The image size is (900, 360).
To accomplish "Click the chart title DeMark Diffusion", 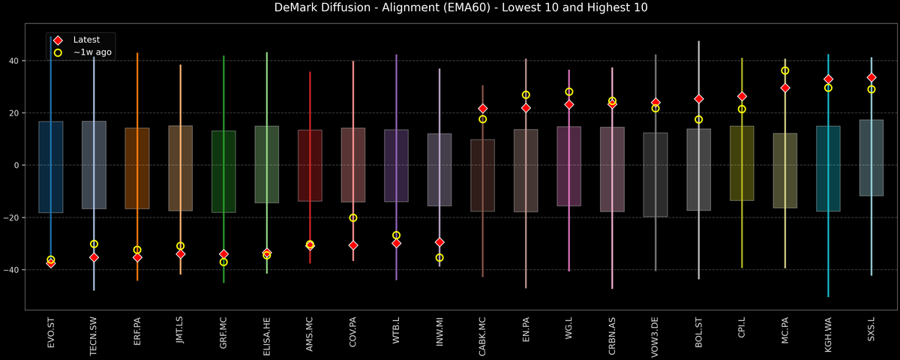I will tap(449, 8).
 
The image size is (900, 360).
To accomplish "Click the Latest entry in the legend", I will tap(86, 40).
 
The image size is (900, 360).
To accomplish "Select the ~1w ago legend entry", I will tap(92, 52).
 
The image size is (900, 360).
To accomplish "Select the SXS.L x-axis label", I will tap(871, 332).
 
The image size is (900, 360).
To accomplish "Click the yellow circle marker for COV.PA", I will tap(353, 217).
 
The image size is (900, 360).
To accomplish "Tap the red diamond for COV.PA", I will tap(353, 245).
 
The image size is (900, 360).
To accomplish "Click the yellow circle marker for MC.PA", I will tap(785, 70).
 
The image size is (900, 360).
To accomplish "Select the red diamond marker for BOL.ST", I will tap(699, 99).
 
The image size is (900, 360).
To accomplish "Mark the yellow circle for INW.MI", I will tap(439, 257).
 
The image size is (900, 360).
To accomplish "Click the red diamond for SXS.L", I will tap(871, 77).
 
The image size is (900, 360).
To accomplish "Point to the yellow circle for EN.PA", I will tap(526, 95).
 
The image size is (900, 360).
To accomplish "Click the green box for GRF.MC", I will tap(223, 171).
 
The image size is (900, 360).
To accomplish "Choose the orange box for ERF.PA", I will tap(137, 168).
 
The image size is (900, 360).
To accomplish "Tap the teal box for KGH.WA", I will tap(828, 169).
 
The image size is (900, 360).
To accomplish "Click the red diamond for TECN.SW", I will tap(94, 257).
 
